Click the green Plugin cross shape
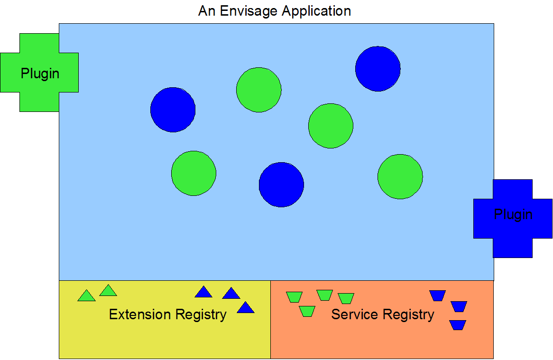pos(39,73)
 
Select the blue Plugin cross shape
pos(513,219)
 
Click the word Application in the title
pos(316,11)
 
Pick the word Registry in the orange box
pos(408,315)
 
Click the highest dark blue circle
pos(378,69)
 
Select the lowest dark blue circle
pos(281,185)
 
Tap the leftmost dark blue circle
pos(173,110)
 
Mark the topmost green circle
pos(258,90)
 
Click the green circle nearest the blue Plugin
pos(400,176)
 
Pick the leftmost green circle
pos(194,173)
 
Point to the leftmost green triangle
pos(86,296)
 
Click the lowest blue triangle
pos(246,308)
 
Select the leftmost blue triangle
pos(203,293)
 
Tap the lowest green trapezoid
pos(307,311)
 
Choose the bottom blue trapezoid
pos(457,325)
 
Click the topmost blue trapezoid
pos(437,295)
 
